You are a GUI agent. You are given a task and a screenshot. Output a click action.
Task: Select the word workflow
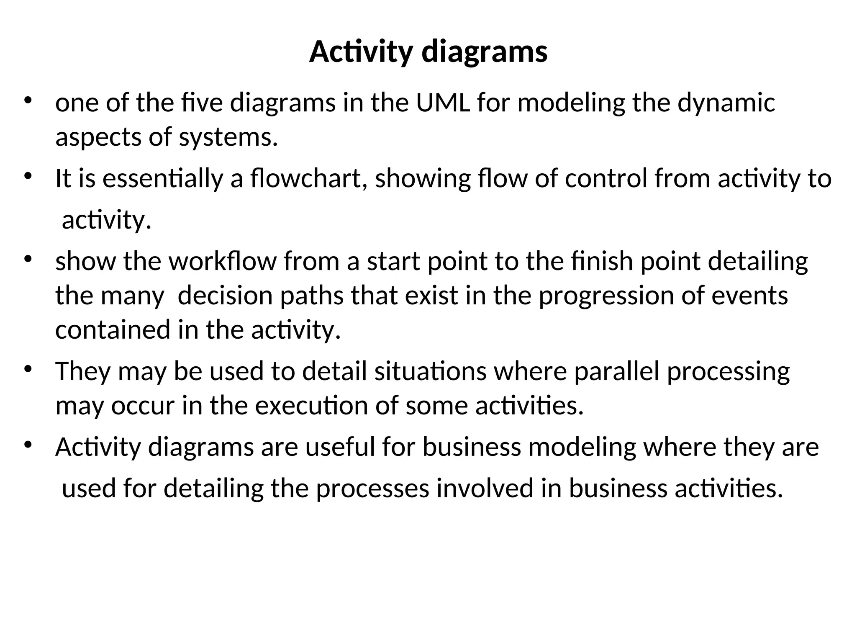coord(222,261)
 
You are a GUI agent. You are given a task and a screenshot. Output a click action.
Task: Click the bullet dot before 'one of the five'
coord(28,101)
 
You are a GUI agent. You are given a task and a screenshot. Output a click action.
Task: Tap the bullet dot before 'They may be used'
coord(28,369)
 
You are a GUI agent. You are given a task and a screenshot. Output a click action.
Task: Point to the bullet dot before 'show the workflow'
coord(28,259)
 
